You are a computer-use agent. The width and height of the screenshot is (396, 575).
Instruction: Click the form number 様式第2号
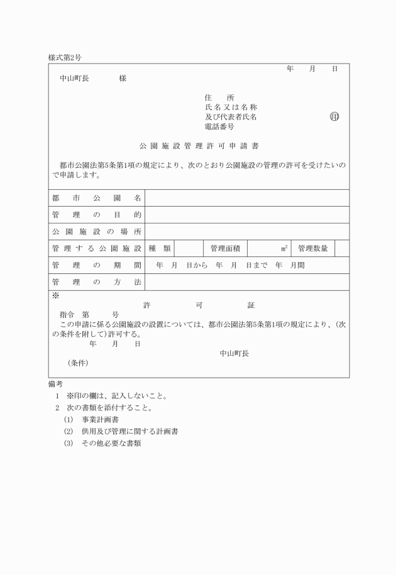click(x=65, y=57)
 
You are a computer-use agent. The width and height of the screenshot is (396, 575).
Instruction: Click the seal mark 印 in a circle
click(x=334, y=117)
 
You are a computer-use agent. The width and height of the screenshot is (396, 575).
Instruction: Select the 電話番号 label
click(x=219, y=126)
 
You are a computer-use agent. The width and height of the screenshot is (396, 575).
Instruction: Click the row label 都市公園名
click(x=97, y=198)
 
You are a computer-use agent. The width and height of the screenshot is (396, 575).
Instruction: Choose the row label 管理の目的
click(x=97, y=215)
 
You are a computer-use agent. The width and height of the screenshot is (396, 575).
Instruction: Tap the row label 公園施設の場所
click(x=97, y=232)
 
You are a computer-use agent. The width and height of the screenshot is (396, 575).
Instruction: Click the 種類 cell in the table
click(x=160, y=249)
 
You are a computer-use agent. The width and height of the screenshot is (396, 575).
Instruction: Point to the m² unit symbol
click(x=285, y=249)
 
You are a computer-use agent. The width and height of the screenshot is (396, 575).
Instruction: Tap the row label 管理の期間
click(x=97, y=266)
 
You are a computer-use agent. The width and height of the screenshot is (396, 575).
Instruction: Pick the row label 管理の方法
click(x=97, y=283)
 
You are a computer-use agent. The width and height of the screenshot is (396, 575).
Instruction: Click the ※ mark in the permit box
click(x=55, y=295)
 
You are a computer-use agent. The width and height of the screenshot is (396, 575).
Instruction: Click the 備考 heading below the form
click(x=55, y=384)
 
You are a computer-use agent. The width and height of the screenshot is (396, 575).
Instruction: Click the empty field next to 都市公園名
click(x=247, y=198)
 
